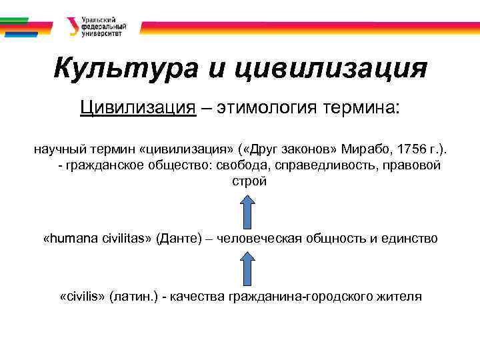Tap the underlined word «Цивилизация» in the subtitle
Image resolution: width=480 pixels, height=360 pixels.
(x=138, y=107)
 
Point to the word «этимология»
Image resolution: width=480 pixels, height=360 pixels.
(x=267, y=107)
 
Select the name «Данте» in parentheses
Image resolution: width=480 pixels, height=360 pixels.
(x=178, y=238)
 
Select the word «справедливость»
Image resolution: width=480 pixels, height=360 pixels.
(x=336, y=165)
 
